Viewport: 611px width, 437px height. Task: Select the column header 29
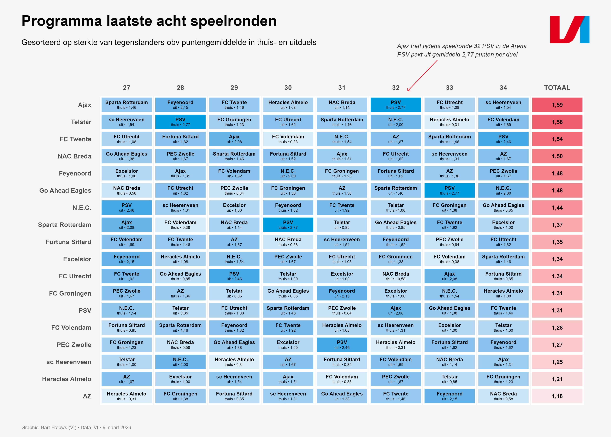pyautogui.click(x=234, y=88)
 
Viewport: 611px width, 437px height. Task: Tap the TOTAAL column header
pyautogui.click(x=557, y=88)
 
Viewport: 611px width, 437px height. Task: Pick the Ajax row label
pyautogui.click(x=84, y=105)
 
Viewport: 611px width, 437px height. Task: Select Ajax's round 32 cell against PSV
pyautogui.click(x=395, y=105)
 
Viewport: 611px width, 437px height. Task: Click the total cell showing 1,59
pyautogui.click(x=557, y=105)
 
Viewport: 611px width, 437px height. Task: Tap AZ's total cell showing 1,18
pyautogui.click(x=557, y=396)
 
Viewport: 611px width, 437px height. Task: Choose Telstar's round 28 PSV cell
pyautogui.click(x=180, y=122)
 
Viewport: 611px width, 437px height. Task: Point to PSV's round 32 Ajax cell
pyautogui.click(x=395, y=310)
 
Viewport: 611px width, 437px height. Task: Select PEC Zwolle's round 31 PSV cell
pyautogui.click(x=342, y=345)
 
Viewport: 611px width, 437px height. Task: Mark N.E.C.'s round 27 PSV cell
pyautogui.click(x=126, y=207)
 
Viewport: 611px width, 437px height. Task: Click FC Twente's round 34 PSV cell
pyautogui.click(x=503, y=139)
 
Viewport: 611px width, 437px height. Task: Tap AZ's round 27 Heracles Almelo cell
pyautogui.click(x=126, y=396)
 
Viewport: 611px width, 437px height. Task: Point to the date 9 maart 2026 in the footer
pyautogui.click(x=117, y=427)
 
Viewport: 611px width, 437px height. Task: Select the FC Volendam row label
pyautogui.click(x=71, y=328)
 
